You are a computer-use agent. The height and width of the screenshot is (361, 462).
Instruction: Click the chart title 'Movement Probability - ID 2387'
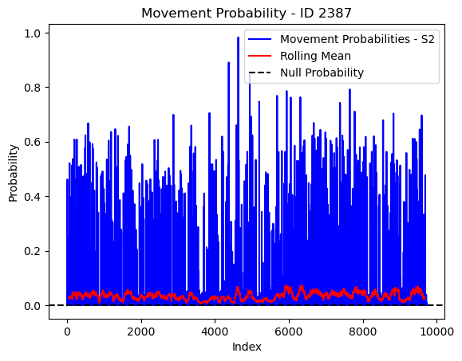[247, 14]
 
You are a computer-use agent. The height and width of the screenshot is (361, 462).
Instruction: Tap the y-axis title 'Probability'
[14, 173]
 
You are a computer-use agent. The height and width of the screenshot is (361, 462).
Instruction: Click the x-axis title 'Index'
[247, 347]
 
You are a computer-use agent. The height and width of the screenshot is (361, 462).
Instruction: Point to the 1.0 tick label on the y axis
[33, 33]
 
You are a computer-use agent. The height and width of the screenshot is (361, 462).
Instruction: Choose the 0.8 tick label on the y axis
[33, 88]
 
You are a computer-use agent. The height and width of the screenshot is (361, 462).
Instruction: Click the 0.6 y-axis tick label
[33, 142]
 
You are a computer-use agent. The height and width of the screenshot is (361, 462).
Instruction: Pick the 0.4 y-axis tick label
[33, 197]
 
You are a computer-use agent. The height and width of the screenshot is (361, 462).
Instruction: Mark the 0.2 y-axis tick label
[33, 251]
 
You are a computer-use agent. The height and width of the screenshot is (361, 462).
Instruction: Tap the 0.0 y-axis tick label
[33, 306]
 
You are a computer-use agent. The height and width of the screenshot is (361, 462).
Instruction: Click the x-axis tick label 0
[68, 332]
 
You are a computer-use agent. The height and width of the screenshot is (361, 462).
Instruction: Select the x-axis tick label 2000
[141, 332]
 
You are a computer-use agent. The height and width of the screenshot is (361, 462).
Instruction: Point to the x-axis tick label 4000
[215, 332]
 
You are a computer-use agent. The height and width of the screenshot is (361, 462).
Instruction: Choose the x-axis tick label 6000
[289, 332]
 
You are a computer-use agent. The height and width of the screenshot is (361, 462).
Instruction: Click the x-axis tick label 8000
[363, 332]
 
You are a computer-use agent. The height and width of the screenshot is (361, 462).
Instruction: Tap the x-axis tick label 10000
[437, 332]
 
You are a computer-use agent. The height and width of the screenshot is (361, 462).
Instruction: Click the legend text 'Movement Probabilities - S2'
[357, 39]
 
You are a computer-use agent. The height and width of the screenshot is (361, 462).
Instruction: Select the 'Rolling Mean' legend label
[315, 56]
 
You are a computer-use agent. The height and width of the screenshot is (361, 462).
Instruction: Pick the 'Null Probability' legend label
[322, 73]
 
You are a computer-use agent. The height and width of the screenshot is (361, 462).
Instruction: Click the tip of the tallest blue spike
[238, 37]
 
